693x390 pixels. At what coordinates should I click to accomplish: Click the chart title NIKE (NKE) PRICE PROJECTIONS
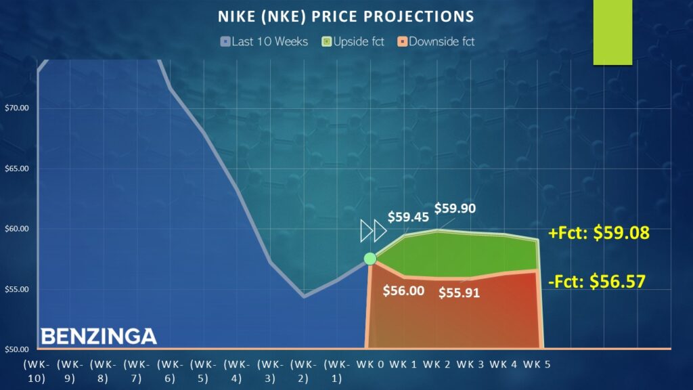click(x=346, y=16)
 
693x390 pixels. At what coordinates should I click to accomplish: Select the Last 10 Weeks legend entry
click(x=265, y=42)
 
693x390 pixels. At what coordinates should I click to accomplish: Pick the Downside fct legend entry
click(x=437, y=42)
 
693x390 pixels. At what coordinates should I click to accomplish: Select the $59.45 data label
click(x=408, y=217)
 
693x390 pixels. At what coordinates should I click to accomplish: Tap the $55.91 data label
click(x=459, y=293)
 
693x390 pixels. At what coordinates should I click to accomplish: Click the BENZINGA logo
click(x=98, y=337)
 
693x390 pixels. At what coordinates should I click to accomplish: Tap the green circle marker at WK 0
click(x=370, y=258)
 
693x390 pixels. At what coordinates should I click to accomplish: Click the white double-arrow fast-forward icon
click(x=373, y=231)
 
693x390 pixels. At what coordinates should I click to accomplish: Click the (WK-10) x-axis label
click(x=35, y=372)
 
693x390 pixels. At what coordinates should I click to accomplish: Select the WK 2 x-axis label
click(x=437, y=365)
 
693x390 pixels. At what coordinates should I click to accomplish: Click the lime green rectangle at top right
click(x=612, y=32)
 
